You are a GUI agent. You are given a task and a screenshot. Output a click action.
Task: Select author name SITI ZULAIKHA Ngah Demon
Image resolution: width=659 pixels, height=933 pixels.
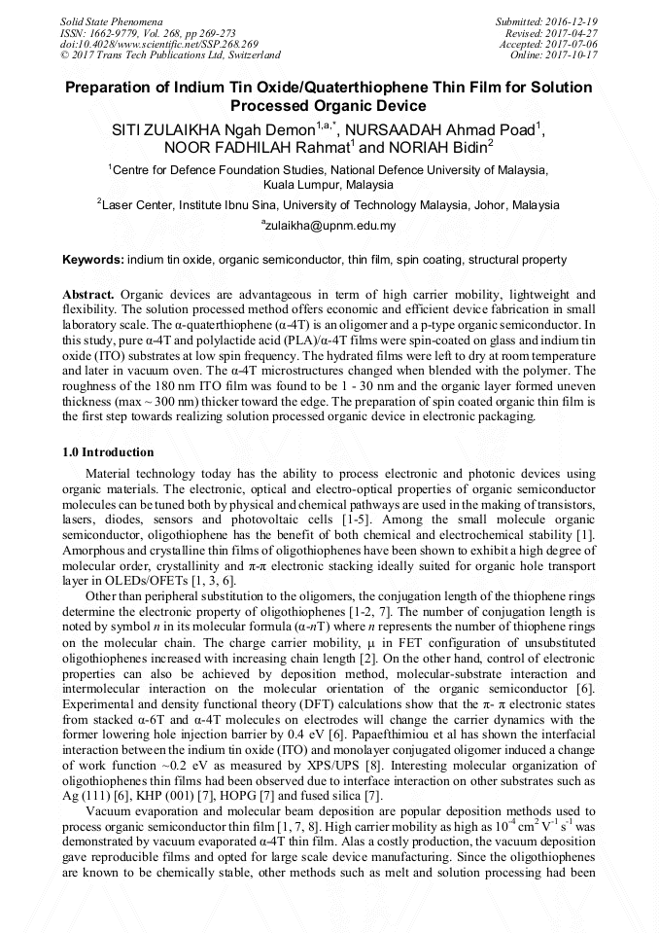212,129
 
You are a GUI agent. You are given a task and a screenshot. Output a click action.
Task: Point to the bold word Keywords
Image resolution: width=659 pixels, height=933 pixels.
92,261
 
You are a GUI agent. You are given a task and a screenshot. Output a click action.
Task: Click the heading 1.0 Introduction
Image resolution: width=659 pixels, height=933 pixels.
108,452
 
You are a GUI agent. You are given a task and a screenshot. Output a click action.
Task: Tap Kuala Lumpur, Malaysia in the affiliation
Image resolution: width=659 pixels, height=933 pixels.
329,184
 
